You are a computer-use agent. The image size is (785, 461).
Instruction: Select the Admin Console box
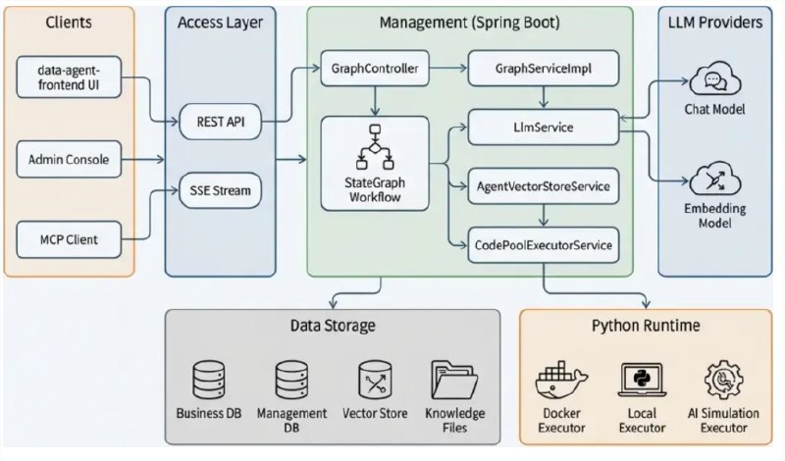click(x=69, y=158)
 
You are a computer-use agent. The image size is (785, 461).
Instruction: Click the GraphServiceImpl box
click(x=543, y=69)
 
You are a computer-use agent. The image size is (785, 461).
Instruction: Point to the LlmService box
click(x=543, y=128)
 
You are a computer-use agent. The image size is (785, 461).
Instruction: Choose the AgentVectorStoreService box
click(x=543, y=185)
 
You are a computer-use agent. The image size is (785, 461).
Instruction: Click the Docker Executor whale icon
click(x=562, y=381)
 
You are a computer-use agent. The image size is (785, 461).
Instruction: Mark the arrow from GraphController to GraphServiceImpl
click(x=447, y=69)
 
